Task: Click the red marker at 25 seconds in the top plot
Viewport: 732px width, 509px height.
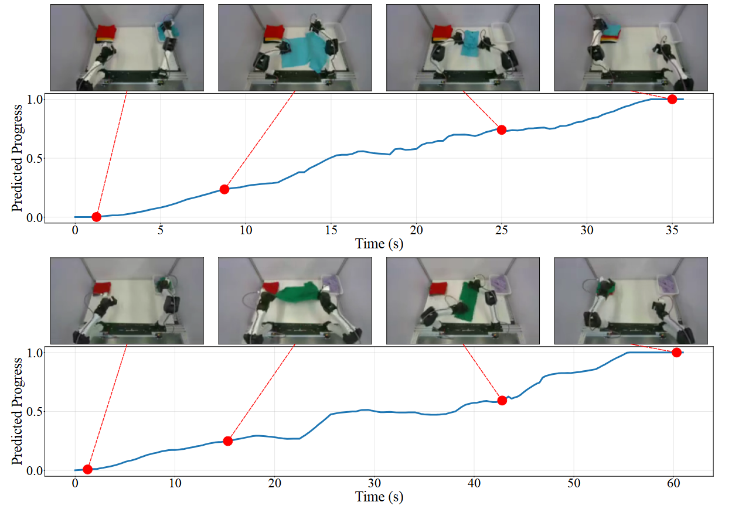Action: coord(502,129)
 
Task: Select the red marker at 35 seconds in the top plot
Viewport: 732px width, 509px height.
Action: coord(672,99)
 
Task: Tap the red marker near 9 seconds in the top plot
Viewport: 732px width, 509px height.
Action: coord(224,189)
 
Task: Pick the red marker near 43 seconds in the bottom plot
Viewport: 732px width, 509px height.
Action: coord(502,400)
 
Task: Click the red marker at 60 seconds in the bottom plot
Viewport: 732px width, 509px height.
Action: coord(677,352)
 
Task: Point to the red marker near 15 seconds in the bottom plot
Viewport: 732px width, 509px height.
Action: coord(228,440)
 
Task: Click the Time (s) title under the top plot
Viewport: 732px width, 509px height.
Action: coord(379,244)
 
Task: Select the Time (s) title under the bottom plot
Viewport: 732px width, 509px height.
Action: coord(379,497)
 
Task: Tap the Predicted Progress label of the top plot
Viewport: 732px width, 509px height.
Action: coord(17,158)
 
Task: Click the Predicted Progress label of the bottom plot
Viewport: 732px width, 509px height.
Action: coord(17,411)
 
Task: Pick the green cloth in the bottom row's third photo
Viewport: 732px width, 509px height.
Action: coord(469,300)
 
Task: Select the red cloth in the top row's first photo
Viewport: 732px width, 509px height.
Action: coord(107,32)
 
